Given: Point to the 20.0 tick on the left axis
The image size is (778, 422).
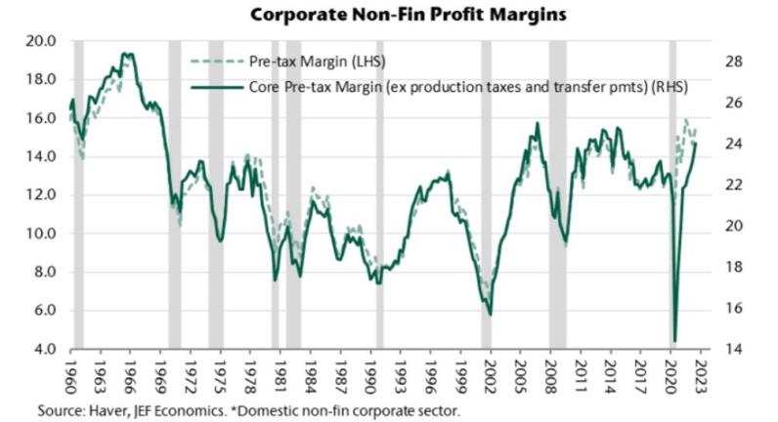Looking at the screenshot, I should (x=42, y=41).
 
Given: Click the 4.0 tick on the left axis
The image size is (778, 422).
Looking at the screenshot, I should (x=46, y=349).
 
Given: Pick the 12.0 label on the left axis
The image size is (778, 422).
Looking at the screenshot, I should (x=42, y=195).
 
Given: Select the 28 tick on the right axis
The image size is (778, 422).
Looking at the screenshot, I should (x=735, y=62).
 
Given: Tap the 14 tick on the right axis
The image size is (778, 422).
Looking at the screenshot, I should (x=735, y=349).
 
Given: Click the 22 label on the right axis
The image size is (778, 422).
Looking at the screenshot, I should (x=735, y=186).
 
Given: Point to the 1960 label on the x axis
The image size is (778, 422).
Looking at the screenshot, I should (x=71, y=375).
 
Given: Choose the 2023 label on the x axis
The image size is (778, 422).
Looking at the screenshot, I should (x=703, y=375).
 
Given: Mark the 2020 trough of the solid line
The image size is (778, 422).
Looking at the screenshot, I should (x=675, y=341).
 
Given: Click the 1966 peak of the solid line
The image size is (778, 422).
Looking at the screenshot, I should (x=125, y=53).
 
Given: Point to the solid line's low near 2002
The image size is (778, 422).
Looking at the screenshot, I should (x=490, y=315).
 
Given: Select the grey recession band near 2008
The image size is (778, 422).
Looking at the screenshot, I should (x=557, y=195).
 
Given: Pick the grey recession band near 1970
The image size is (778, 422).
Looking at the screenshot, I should (x=174, y=195).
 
